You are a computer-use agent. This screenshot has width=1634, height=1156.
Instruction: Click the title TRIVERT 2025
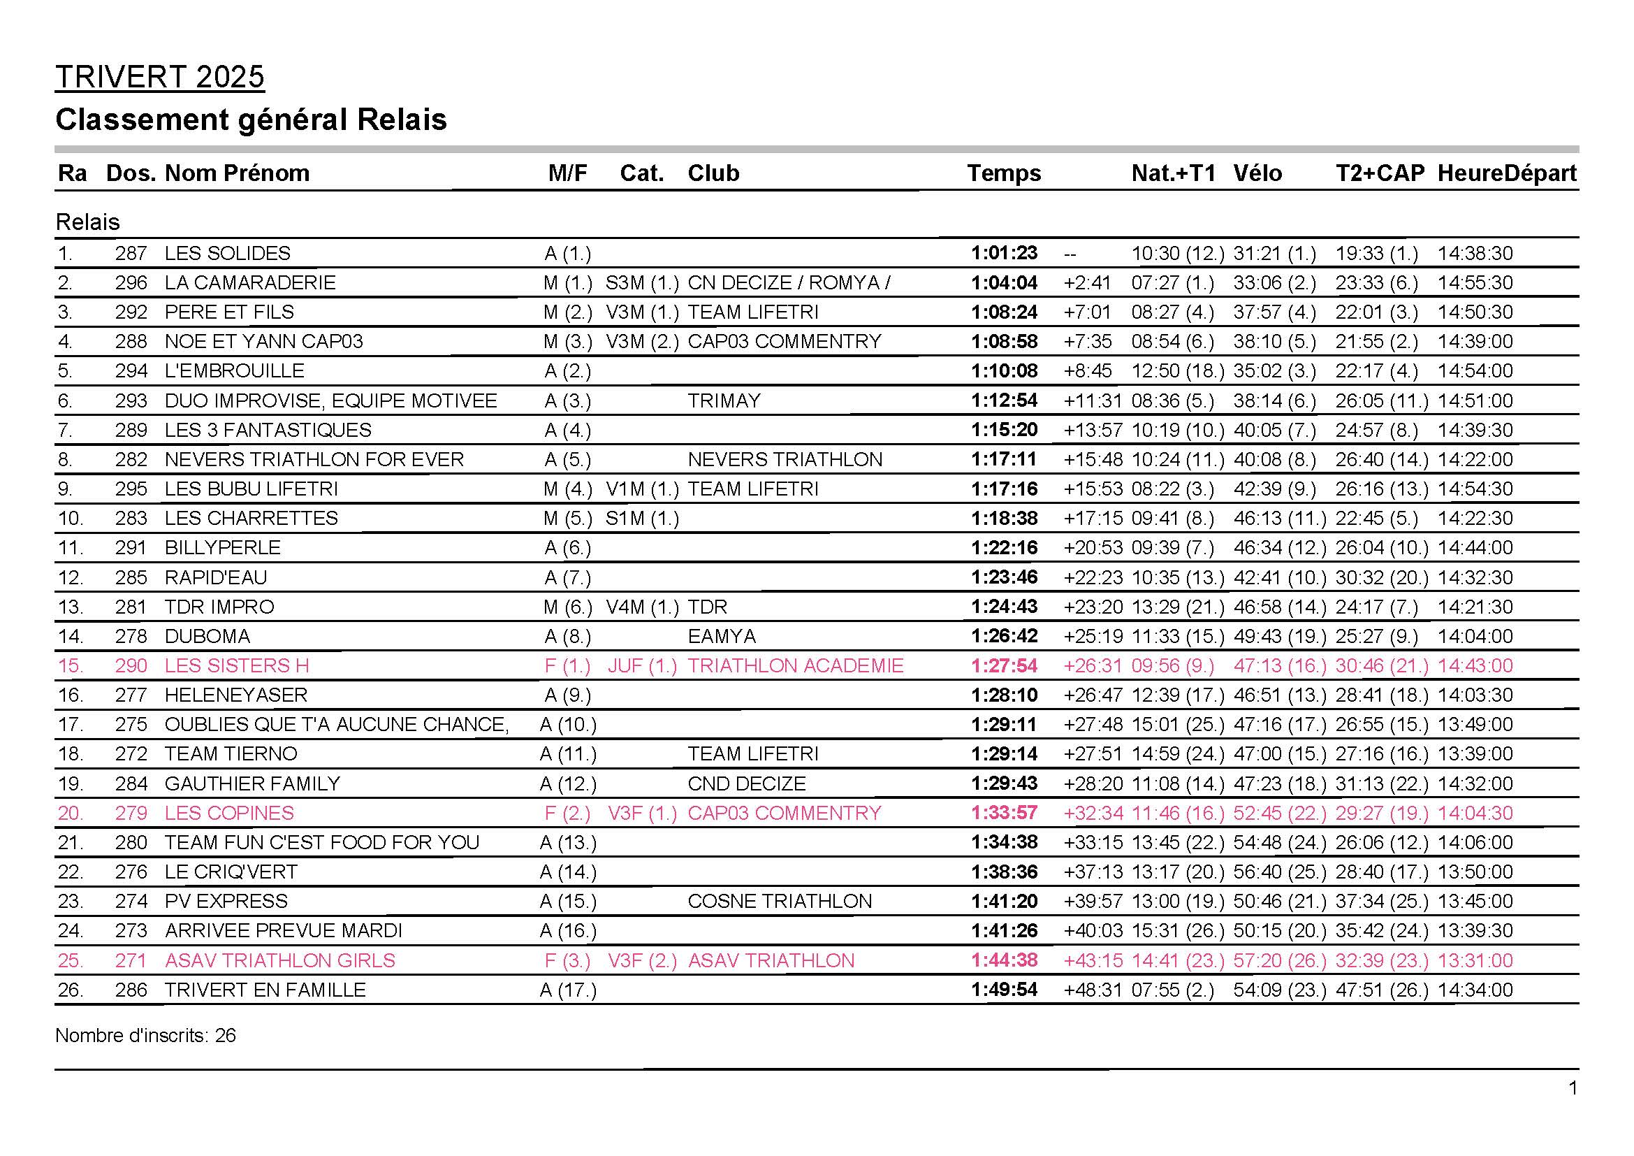(159, 77)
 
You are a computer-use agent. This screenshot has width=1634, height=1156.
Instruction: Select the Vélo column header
(1257, 173)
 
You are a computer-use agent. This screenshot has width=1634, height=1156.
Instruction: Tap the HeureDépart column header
(1507, 173)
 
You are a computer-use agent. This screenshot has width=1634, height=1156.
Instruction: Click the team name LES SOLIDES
(227, 254)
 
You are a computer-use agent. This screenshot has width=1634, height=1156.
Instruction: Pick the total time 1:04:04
(1004, 282)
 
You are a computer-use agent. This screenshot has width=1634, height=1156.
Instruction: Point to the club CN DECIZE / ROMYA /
(789, 282)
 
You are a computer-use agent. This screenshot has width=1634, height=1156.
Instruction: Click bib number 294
(131, 371)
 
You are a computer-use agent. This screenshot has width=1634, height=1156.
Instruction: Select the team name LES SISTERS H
(236, 665)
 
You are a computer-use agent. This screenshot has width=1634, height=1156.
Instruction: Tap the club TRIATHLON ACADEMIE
(795, 665)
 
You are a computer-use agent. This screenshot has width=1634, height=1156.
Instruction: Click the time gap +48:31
(1093, 990)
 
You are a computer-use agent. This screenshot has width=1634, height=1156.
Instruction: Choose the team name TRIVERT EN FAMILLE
(265, 990)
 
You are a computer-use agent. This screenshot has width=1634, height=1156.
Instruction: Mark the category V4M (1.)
(642, 607)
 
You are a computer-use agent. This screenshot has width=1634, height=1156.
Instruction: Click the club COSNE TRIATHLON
(780, 901)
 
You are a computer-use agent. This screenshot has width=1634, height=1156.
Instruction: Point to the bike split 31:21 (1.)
(1274, 254)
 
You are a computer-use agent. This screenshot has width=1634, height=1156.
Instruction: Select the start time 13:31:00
(1475, 960)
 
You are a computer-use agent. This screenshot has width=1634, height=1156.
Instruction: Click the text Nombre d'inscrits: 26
(145, 1035)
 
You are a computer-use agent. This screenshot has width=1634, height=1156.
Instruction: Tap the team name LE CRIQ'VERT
(231, 872)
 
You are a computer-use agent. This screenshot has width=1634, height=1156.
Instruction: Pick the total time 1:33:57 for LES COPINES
(1004, 813)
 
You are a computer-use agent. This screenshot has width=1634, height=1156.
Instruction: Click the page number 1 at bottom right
(1573, 1088)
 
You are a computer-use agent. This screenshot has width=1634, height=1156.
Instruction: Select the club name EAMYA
(721, 635)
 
